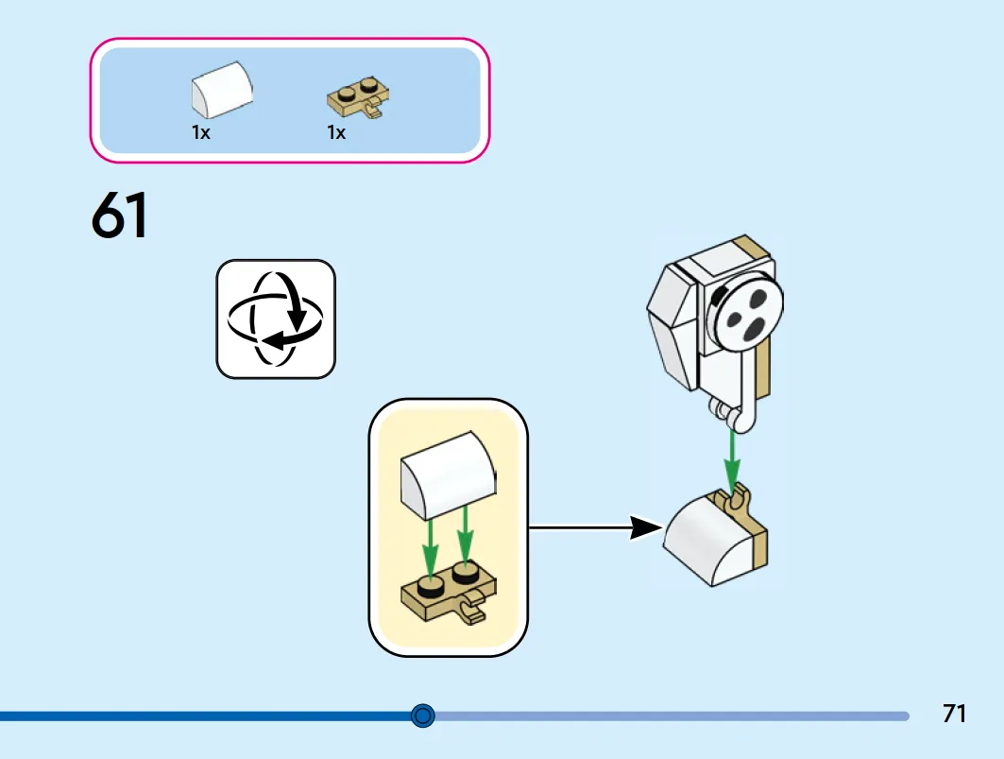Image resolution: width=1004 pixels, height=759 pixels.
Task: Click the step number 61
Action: coord(120,215)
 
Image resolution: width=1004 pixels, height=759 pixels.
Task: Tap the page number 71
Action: coord(954,714)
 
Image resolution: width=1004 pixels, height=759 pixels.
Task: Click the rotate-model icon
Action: coord(276,319)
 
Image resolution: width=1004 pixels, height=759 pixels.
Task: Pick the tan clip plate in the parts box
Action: coord(359,98)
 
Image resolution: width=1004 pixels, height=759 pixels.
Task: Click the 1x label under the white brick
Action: coord(201,132)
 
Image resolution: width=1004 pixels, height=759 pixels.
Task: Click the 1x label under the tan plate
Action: coord(336,132)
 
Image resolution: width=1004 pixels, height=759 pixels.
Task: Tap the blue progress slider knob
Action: coord(422,715)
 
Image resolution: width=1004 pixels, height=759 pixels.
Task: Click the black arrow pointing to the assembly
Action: coord(595,527)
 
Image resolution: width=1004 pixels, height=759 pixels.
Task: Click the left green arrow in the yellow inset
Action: coord(431,548)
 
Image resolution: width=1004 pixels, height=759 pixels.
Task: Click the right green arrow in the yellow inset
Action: coord(466,535)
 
